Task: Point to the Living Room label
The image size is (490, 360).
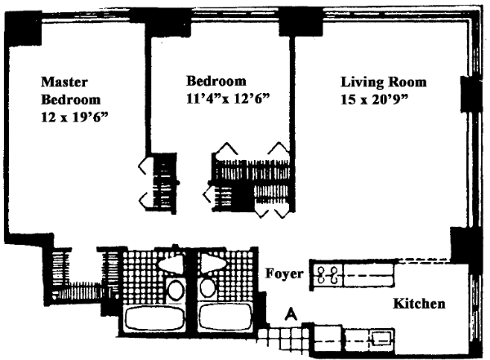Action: click(383, 82)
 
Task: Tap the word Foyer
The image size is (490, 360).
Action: click(285, 273)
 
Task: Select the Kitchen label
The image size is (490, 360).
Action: click(420, 304)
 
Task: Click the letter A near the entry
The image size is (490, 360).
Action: click(291, 313)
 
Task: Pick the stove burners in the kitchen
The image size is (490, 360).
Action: click(326, 275)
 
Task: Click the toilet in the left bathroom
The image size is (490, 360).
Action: click(175, 288)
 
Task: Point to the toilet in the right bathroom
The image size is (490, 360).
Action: click(207, 288)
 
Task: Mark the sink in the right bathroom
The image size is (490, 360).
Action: click(211, 263)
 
